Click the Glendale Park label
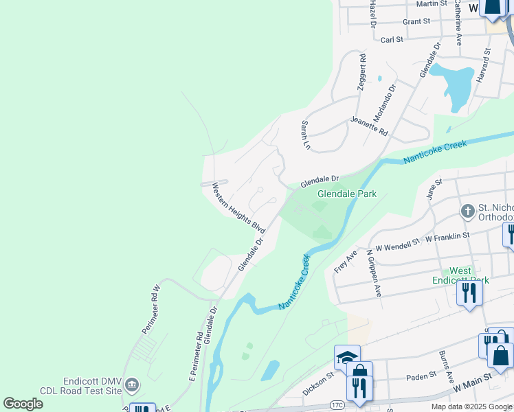point(346,194)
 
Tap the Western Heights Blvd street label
point(238,206)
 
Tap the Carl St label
point(392,40)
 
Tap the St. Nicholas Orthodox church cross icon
point(468,211)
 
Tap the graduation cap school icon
point(347,357)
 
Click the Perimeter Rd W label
point(150,309)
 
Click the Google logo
point(23,404)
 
